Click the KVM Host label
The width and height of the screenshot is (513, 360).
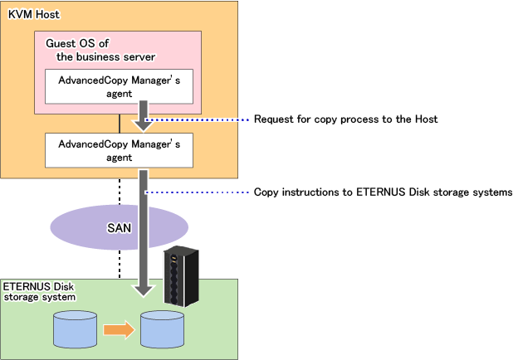[x=29, y=15]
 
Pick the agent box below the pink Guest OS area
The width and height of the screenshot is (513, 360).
[x=119, y=149]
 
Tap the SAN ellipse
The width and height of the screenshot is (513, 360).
[x=118, y=227]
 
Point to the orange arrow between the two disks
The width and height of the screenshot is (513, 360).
[x=118, y=330]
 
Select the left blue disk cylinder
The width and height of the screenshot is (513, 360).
[x=75, y=330]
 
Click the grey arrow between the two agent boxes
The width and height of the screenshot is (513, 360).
[x=144, y=115]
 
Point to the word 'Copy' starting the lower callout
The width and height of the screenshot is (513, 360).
[x=266, y=192]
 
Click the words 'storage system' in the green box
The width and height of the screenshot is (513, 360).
[x=42, y=296]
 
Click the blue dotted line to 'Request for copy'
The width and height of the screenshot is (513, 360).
[x=199, y=119]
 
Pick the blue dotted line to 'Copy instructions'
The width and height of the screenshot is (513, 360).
[x=199, y=192]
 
